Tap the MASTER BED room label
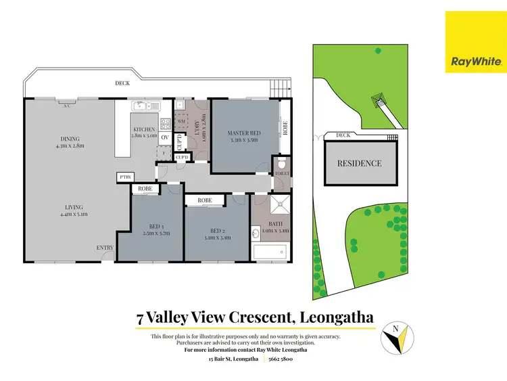[x=243, y=133]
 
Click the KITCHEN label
[x=144, y=129]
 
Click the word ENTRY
[x=105, y=248]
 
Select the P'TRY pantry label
[x=124, y=177]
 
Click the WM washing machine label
[x=181, y=121]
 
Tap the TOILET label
[x=281, y=174]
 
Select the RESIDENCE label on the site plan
[x=360, y=163]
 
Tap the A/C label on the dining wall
[x=67, y=106]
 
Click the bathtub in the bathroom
[x=271, y=254]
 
